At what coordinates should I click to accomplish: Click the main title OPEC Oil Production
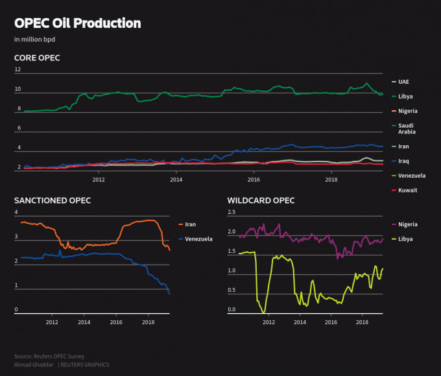[77, 23]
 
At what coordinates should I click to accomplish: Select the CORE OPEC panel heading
[37, 58]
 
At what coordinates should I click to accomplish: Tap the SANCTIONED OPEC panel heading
[53, 200]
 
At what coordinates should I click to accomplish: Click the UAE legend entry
[403, 82]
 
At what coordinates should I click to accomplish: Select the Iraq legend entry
[403, 161]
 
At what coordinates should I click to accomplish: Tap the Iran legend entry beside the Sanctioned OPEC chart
[190, 224]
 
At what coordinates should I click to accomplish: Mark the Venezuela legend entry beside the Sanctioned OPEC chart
[198, 239]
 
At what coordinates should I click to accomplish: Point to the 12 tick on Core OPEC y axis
[18, 69]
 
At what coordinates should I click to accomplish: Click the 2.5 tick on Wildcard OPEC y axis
[231, 212]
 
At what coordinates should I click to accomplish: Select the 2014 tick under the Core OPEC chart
[176, 180]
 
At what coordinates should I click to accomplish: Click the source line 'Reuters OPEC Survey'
[49, 357]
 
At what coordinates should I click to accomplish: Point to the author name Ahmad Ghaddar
[33, 365]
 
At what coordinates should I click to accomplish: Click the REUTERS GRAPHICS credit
[85, 365]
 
